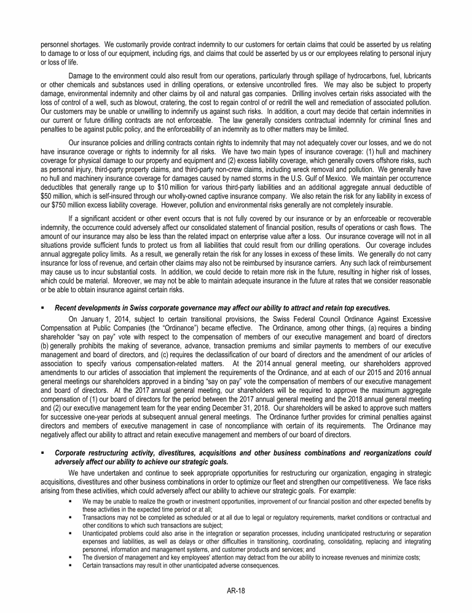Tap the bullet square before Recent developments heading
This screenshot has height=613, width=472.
tap(42, 307)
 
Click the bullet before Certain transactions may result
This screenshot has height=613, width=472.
tap(71, 566)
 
